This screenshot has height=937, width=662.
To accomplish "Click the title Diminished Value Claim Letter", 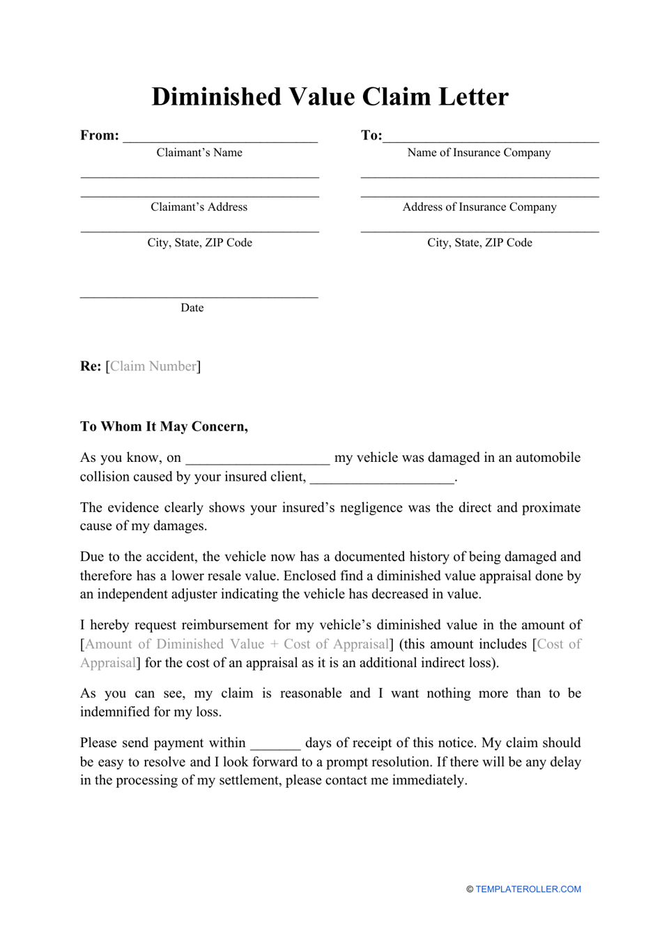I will point(330,96).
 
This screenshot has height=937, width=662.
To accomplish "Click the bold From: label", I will point(100,135).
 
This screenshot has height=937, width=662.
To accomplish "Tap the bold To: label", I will point(371,135).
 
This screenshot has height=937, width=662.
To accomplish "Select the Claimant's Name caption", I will point(199,153).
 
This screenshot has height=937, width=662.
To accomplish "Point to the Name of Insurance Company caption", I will point(479,153).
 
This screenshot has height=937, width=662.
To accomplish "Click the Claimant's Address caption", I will point(199,207).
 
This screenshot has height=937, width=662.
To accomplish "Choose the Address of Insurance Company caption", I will point(479,207).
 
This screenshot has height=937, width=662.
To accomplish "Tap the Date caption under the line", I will point(192,308).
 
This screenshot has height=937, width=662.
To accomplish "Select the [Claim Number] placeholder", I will point(153,366).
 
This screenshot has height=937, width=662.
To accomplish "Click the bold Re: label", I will point(91,366).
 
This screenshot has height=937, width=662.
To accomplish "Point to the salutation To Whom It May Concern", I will point(164,426).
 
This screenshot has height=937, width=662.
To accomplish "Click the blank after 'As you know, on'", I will point(257,458).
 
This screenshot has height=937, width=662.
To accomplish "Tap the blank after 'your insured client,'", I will point(382,478).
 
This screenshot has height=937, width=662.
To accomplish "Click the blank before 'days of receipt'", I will point(275,744).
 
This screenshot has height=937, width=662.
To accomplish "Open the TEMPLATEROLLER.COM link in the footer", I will point(528,889).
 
